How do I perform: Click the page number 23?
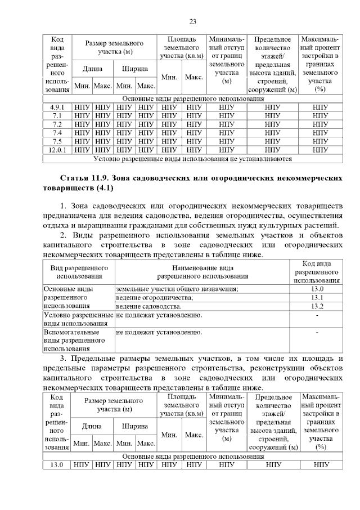[192, 22]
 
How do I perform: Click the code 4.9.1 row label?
[57, 106]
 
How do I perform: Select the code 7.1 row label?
[57, 115]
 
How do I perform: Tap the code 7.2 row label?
[57, 124]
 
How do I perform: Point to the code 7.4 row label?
[57, 132]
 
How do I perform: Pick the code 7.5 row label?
[57, 141]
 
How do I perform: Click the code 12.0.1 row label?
[57, 150]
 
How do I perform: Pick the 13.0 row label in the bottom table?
[57, 464]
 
